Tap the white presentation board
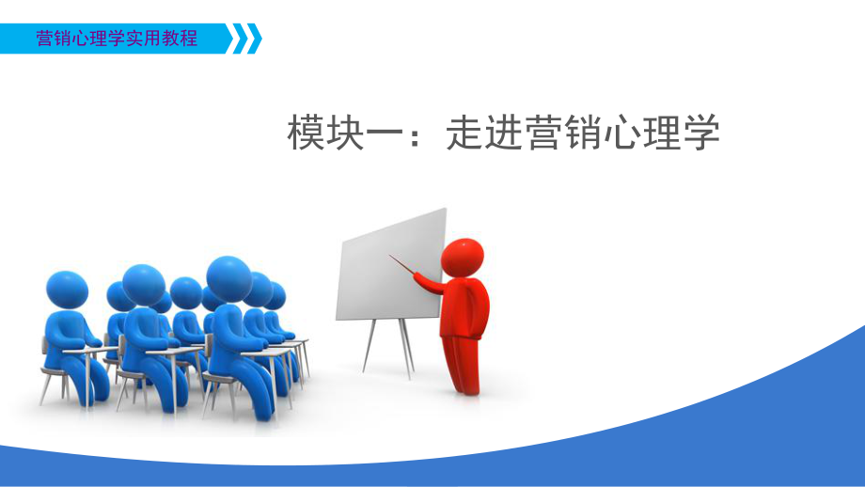tap(391, 267)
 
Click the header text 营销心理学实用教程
tap(117, 39)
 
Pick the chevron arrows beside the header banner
tap(247, 39)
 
